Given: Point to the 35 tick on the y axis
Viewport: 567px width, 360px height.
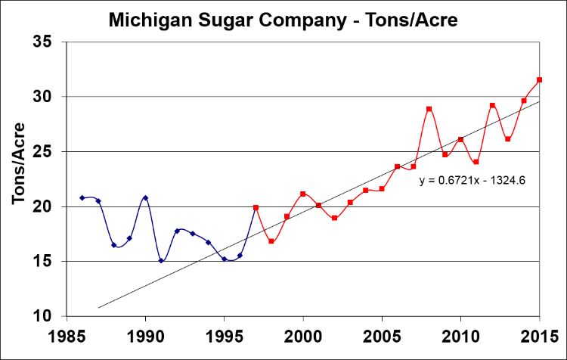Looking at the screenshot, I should click(51, 42).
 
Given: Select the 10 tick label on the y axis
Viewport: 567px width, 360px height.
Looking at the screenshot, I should click(51, 316).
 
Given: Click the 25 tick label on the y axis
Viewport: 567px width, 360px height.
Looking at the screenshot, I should click(51, 151).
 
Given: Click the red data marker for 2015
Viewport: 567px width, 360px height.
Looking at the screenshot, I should click(540, 79).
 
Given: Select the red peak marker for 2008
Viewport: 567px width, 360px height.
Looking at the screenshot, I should click(429, 109).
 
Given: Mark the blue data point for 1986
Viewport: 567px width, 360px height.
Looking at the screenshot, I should click(82, 197).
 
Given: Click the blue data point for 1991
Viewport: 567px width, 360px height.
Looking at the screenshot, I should click(161, 260).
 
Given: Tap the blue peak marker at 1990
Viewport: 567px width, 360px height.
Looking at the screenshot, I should click(145, 197).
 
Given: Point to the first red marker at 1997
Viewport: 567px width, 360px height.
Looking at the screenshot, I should click(256, 207).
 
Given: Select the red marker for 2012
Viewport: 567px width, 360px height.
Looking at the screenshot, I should click(492, 105).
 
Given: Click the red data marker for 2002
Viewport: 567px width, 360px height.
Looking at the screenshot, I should click(334, 218).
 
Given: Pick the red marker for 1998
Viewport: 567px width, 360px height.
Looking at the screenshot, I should click(271, 241).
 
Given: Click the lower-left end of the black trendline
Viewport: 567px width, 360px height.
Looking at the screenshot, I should click(99, 308).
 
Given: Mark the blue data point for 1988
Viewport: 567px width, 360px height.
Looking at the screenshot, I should click(113, 245).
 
